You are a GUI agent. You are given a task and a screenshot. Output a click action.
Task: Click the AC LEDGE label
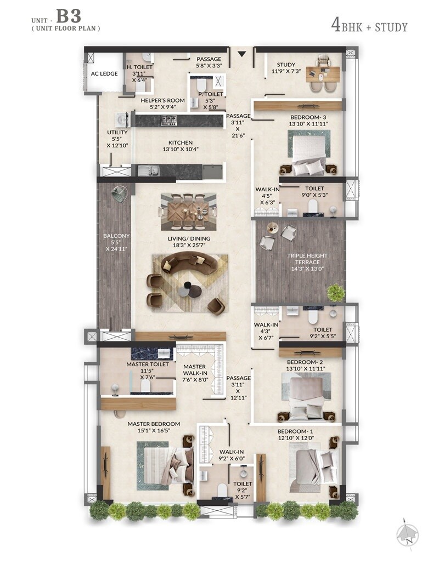(105, 73)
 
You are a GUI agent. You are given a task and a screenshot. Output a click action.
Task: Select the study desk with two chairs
(323, 74)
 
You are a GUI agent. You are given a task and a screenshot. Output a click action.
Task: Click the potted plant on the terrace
(335, 293)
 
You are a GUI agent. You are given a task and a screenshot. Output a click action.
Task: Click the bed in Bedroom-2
(307, 393)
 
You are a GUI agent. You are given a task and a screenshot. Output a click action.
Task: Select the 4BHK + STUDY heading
(369, 25)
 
